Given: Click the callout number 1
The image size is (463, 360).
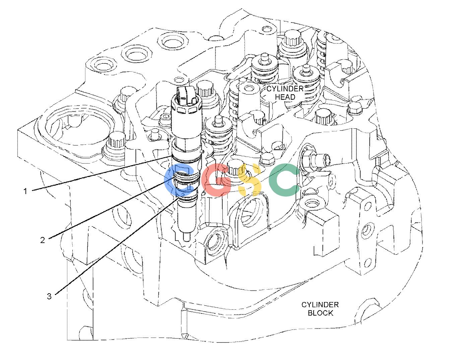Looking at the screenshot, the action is tap(25, 191).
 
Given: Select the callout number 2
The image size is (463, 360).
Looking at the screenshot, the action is tap(43, 240).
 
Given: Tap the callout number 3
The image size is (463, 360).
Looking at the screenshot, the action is tap(49, 296).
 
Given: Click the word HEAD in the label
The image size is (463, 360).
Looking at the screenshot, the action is tap(285, 97).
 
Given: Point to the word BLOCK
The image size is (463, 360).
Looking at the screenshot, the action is tap(321, 313).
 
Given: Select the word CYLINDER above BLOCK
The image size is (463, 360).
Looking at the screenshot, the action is tap(320, 305).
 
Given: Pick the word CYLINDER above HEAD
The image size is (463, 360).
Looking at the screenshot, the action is tap(285, 89).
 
